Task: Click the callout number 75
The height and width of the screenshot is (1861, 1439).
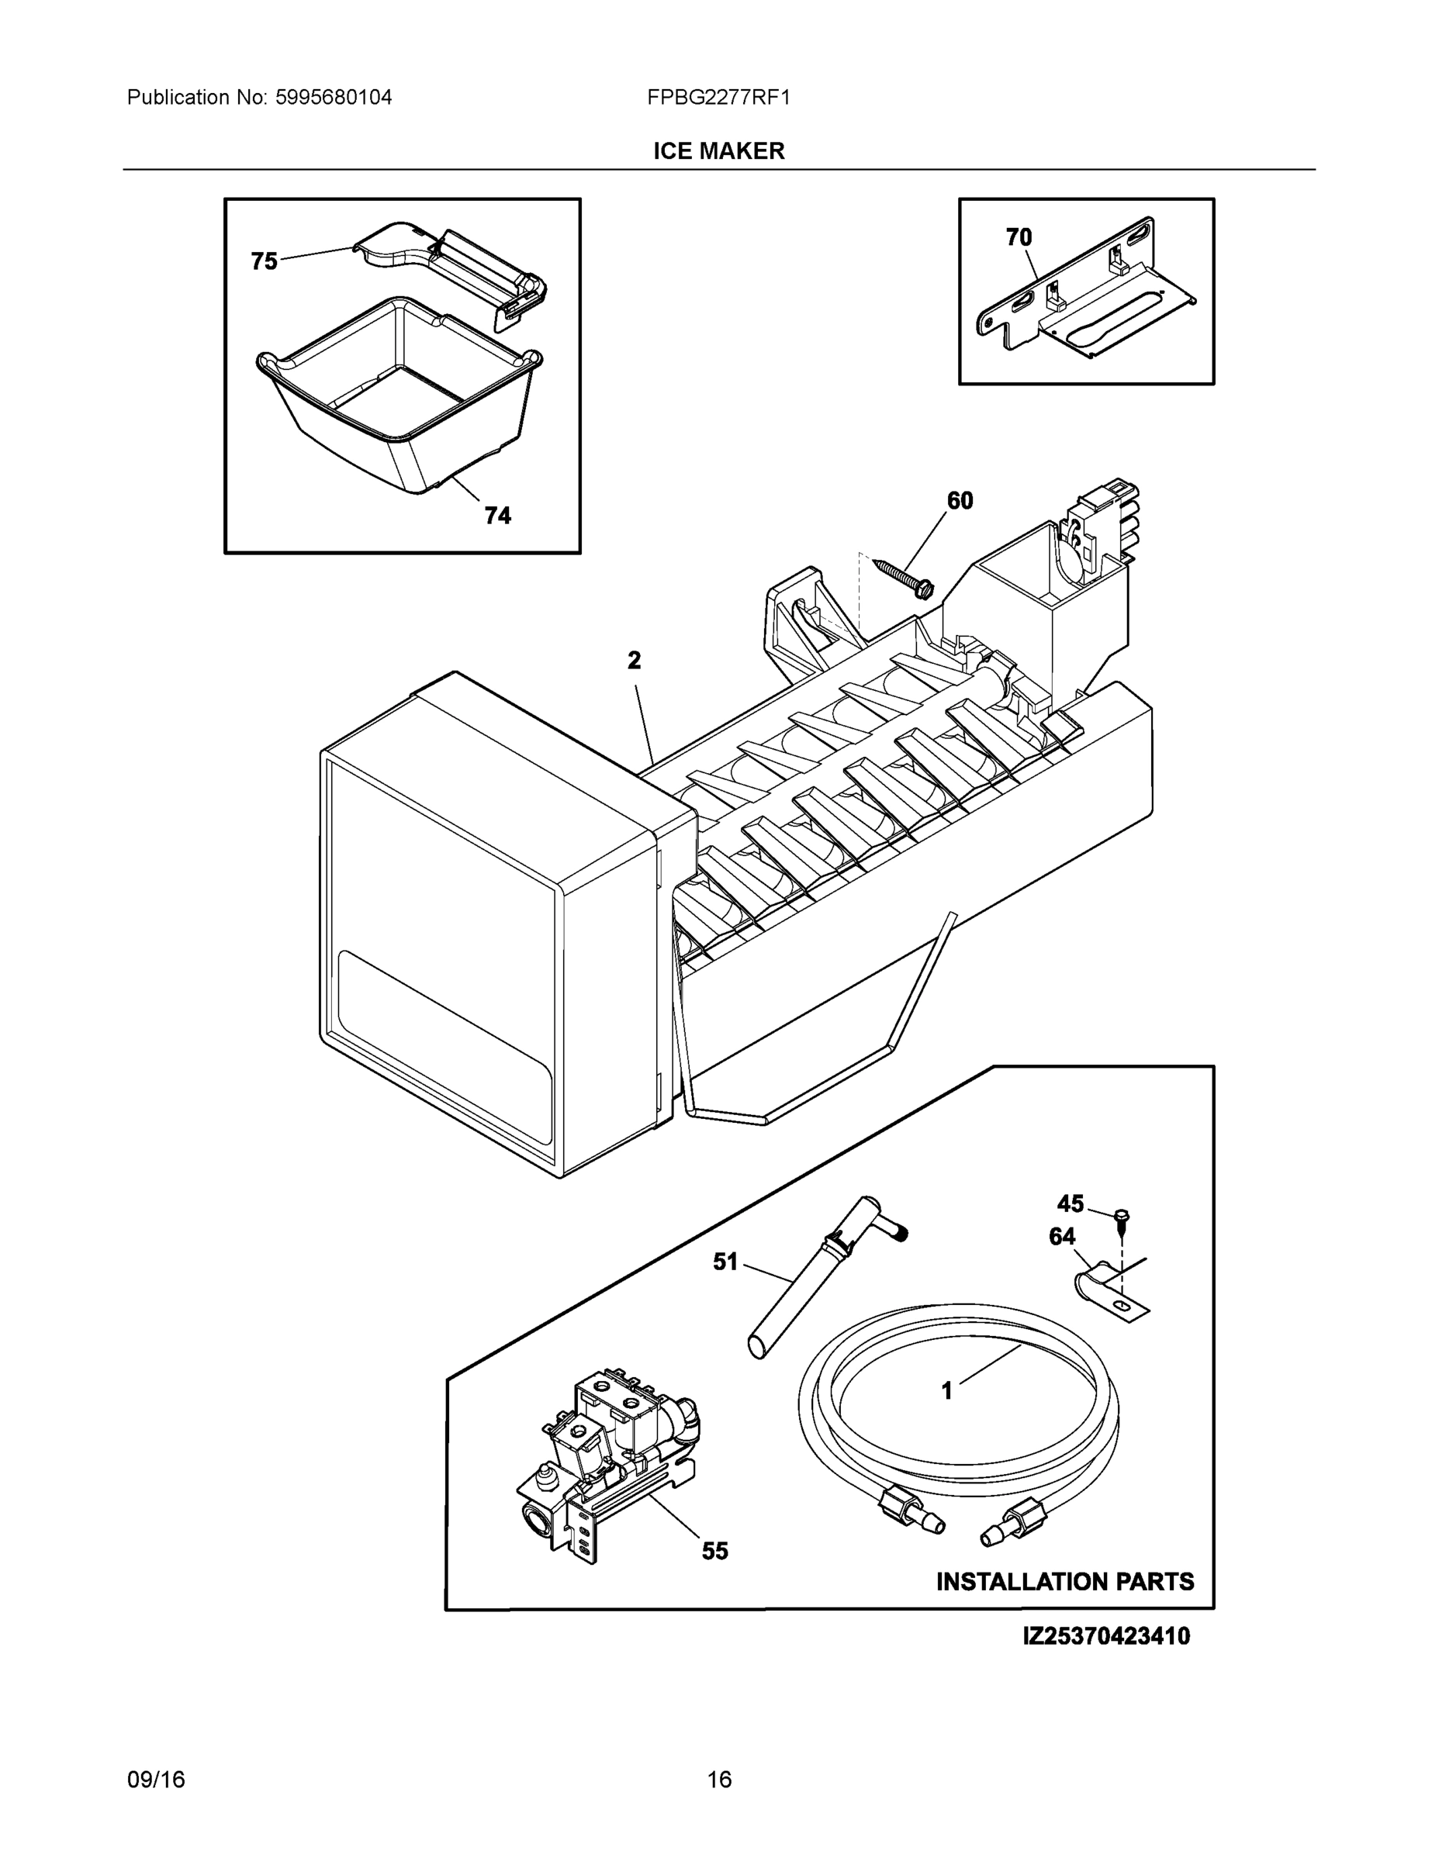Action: pos(265,261)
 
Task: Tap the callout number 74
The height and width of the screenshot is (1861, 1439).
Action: pos(498,516)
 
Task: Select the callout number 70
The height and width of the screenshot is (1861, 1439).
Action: pos(1019,238)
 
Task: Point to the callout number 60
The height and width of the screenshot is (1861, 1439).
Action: pos(960,501)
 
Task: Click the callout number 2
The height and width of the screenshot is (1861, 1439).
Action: pos(635,661)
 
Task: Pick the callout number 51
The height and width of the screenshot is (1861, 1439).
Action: pos(725,1262)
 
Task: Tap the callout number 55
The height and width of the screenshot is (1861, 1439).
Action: pos(715,1551)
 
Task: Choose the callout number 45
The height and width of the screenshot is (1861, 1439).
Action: pos(1070,1203)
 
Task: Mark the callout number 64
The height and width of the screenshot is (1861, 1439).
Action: pos(1062,1237)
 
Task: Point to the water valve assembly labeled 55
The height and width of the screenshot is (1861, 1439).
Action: pos(609,1461)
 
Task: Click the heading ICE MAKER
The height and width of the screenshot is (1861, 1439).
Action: pos(718,151)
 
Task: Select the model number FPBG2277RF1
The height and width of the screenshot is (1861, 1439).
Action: pos(718,97)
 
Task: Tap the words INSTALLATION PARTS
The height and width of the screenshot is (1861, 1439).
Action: pos(1065,1582)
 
